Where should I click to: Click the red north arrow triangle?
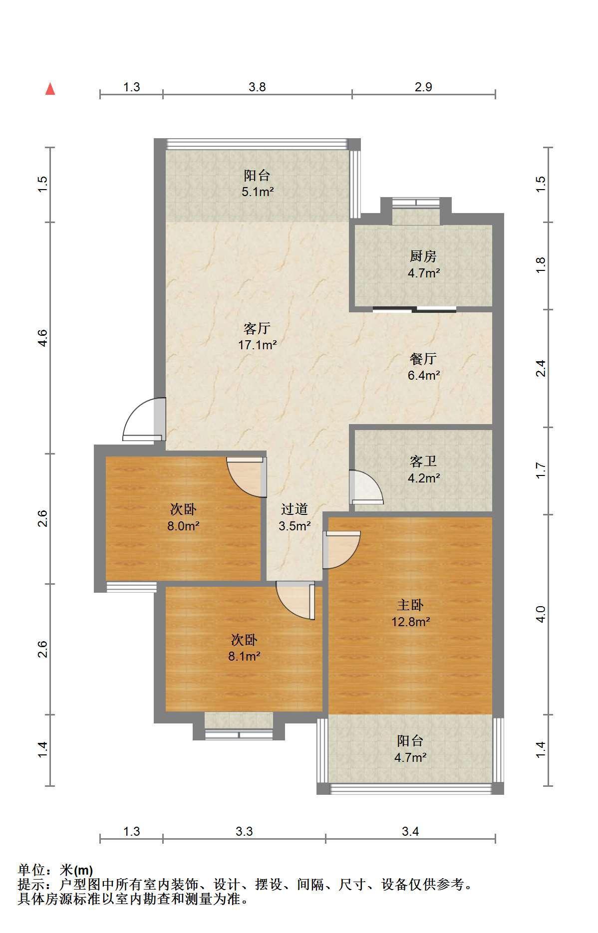50,89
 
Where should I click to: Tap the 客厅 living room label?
257,328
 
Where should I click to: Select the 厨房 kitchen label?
423,256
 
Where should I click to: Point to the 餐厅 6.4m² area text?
424,375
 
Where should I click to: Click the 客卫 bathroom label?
423,461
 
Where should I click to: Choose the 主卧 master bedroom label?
410,605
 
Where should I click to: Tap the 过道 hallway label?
295,509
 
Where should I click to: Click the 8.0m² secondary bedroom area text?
183,526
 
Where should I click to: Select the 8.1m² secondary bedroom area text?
244,656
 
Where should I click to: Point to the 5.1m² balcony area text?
258,192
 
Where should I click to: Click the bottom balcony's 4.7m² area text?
410,757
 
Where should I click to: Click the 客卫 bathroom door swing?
366,487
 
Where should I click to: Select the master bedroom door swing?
341,550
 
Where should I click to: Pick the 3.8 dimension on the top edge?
257,87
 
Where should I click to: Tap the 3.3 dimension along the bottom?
244,831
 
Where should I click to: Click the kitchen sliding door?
414,309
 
